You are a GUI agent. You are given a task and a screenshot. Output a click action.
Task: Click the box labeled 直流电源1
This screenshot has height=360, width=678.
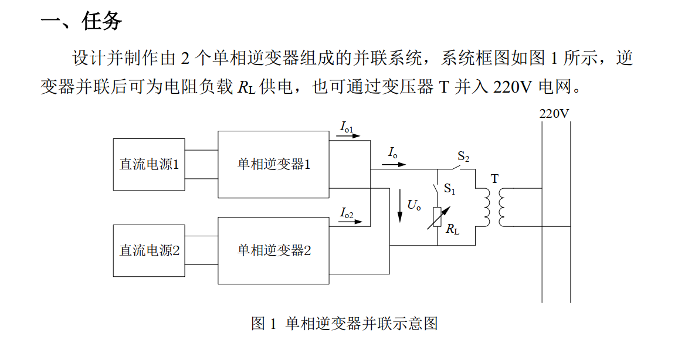(x=149, y=164)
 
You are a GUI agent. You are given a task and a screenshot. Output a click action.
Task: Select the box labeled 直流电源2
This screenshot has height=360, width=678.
(x=149, y=251)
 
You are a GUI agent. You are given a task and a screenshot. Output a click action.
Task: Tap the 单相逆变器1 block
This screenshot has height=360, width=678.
(x=273, y=165)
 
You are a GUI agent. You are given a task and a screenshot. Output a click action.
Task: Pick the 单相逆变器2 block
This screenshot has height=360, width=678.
(x=273, y=251)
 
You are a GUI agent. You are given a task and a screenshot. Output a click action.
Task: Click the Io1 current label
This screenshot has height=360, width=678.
(x=347, y=127)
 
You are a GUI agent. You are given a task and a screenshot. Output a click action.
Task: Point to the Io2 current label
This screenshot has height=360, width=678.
(x=347, y=213)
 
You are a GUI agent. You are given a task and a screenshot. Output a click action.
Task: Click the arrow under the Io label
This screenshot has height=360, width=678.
(x=394, y=164)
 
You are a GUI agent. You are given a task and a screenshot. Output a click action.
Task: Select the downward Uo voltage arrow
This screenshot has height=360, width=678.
(x=400, y=205)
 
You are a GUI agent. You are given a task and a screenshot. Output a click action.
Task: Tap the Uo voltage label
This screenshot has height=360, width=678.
(x=414, y=205)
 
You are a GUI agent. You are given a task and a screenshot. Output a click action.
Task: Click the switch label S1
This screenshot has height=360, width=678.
(x=449, y=188)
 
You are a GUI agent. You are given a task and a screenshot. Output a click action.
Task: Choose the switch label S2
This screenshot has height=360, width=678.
(x=463, y=157)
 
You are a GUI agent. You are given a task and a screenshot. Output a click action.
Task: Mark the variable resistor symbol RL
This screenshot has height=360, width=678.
(x=438, y=218)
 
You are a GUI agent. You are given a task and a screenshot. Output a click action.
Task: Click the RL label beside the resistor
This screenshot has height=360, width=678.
(x=453, y=229)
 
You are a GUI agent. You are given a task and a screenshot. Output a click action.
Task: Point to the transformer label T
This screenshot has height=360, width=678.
(x=494, y=179)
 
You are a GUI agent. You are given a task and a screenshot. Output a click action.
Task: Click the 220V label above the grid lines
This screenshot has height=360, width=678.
(x=554, y=114)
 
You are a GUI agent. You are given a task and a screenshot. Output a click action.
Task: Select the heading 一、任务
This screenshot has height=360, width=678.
(x=82, y=21)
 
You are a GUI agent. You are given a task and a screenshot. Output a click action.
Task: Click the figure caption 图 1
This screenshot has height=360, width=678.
(x=263, y=323)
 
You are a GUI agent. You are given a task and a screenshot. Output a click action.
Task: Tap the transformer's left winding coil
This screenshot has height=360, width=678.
(x=487, y=208)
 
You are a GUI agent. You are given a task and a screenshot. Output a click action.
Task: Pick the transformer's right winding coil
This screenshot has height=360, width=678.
(x=502, y=208)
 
